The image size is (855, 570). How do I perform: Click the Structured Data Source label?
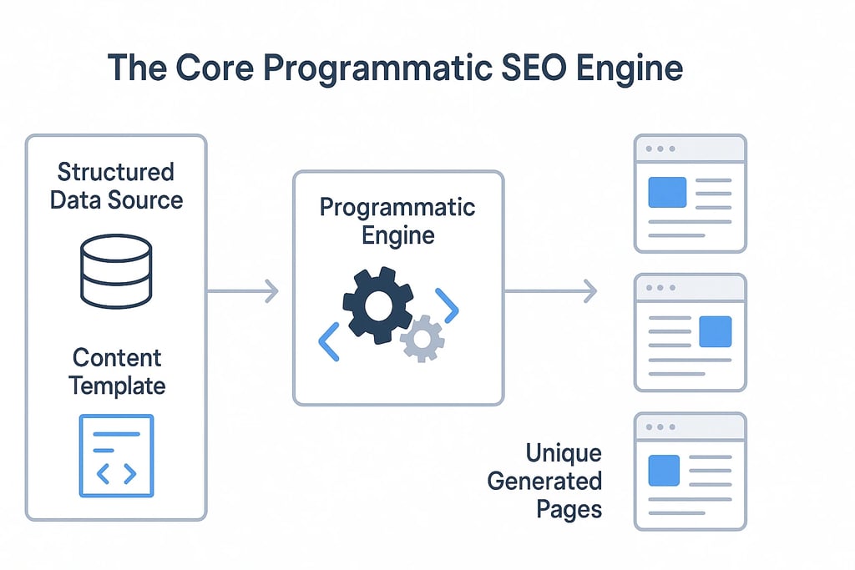coord(116,186)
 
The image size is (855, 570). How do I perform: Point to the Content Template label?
coord(116,371)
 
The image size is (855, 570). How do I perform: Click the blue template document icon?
coord(116,456)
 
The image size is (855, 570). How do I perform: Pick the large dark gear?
coord(377,302)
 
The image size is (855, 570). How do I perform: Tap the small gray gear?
coord(422,338)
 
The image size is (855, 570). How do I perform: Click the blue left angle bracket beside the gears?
coord(329,341)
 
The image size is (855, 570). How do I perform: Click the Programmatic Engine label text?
coord(397,220)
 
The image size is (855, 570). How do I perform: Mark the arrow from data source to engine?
coord(242,291)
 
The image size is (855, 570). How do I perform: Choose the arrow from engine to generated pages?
coord(550,291)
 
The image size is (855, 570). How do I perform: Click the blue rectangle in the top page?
coord(667,193)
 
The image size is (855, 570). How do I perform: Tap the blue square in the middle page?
coord(715,331)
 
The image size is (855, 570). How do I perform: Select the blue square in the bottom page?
coord(665,469)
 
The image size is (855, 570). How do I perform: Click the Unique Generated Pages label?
coord(550,482)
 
